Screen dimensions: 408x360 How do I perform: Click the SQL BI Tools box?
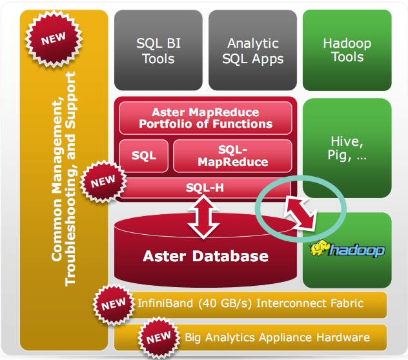pos(158,50)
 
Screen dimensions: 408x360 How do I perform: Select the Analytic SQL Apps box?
pos(252,50)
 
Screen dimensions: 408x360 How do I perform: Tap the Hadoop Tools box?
pos(347,50)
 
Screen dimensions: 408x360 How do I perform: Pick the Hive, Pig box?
pos(347,148)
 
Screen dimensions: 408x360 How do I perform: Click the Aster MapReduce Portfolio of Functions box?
pos(205,118)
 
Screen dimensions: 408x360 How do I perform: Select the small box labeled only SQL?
pos(143,156)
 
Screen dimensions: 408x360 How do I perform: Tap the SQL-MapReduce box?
pos(232,156)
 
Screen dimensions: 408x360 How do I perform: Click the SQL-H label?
pos(205,188)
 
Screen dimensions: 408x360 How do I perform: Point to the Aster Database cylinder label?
pos(205,256)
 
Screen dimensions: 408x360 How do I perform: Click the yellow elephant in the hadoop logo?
pos(320,248)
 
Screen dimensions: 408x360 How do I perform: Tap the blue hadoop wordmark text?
pos(357,250)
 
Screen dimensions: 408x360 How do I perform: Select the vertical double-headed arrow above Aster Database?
pos(203,217)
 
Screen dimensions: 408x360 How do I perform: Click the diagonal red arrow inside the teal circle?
pos(300,213)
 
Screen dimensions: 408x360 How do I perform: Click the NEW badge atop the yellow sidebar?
pos(54,39)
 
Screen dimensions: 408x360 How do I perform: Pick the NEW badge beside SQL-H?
pos(103,181)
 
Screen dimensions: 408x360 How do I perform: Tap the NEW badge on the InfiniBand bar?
pos(114,304)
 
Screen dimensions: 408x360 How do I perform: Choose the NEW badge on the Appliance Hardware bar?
pos(158,337)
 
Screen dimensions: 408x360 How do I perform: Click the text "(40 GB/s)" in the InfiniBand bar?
pos(225,304)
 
